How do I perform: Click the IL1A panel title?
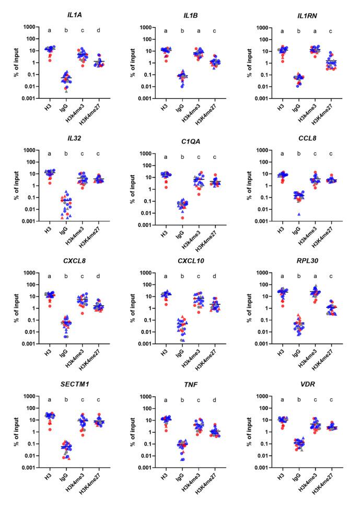tap(64, 11)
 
